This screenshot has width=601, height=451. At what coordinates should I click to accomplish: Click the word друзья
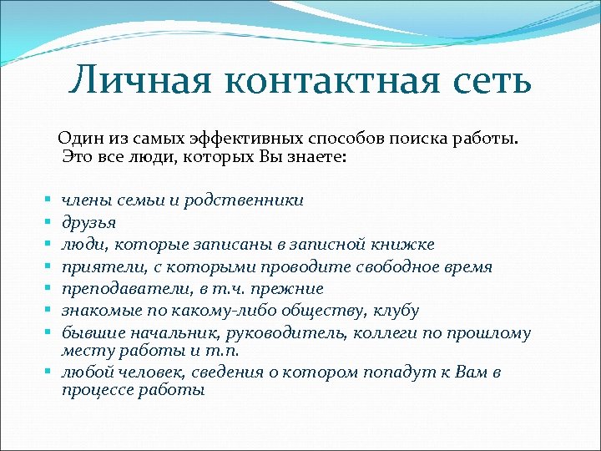click(x=88, y=222)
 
